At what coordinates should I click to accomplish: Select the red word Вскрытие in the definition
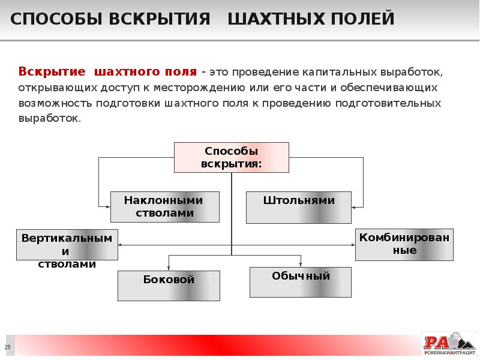coord(52,72)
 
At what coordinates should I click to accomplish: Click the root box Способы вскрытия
coord(232,157)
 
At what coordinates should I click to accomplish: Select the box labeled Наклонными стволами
coord(164,207)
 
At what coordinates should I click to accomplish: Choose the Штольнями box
coord(299,207)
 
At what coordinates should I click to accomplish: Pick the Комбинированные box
coord(404,244)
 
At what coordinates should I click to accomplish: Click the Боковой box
coord(169,285)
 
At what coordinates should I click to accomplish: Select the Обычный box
coord(301,282)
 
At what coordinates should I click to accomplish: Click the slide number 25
coord(8,347)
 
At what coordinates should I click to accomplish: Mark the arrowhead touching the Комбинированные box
coord(352,245)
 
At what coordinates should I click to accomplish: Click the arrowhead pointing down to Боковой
coord(169,268)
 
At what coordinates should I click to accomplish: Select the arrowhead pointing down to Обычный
coord(301,264)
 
